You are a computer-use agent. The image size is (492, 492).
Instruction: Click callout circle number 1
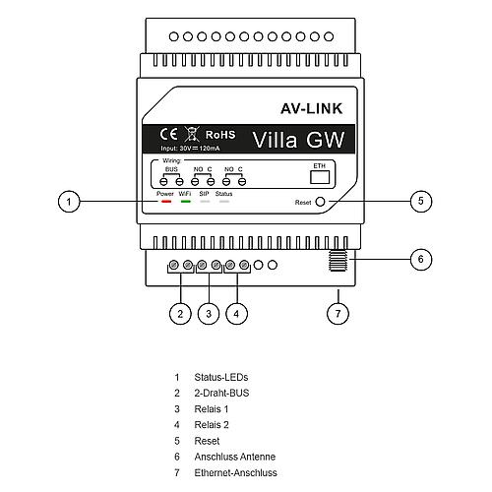coord(69,201)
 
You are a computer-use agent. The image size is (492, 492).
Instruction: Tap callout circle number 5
coord(421,201)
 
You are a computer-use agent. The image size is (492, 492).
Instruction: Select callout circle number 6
coord(421,260)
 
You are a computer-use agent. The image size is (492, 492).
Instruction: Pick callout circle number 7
coord(338,314)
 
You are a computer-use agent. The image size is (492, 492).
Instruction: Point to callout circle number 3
coord(209,314)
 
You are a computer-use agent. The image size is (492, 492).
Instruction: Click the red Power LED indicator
coord(166,202)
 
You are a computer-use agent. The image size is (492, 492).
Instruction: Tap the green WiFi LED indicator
coord(186,202)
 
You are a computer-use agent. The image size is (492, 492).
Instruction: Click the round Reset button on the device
coord(320,202)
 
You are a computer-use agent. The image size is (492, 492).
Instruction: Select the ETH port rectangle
coord(320,177)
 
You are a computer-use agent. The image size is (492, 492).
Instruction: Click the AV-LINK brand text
coord(312,108)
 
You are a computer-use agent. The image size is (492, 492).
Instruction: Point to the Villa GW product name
coord(298,140)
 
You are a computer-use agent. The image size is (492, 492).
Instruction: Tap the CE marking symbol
coord(168,134)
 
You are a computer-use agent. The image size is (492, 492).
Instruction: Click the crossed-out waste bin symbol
coord(192,134)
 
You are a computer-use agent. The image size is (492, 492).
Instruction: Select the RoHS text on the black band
coord(220,135)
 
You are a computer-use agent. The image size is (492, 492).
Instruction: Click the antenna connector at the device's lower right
coord(338,261)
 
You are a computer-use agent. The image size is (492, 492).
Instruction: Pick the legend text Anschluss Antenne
coord(235,457)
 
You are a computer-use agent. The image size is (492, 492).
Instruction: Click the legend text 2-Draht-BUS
coord(221,393)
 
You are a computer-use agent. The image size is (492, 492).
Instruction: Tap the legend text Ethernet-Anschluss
coord(236,472)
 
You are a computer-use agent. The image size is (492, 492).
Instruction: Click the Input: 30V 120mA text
coord(190,149)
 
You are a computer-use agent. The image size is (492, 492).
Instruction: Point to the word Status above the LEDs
coord(223,194)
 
